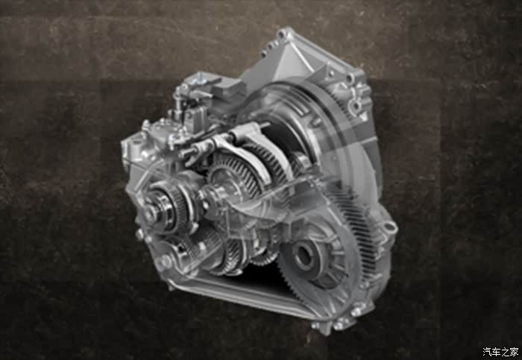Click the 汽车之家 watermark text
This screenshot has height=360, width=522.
click(x=500, y=351)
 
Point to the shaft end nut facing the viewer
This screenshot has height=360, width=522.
click(x=151, y=213)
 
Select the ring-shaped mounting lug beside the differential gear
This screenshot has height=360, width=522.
click(x=389, y=227)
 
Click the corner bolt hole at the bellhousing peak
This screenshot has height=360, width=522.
click(x=283, y=34)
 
